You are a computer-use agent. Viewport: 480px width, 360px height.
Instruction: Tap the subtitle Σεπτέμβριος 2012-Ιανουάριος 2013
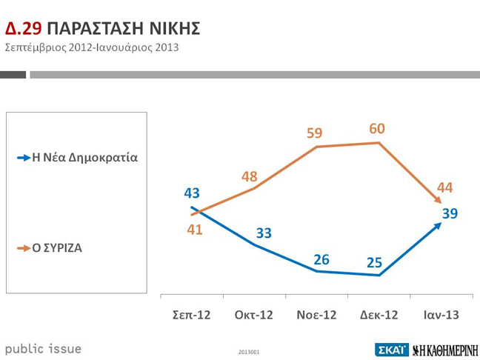[92, 48]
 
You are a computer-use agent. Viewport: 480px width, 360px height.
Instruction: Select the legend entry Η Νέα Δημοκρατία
[84, 157]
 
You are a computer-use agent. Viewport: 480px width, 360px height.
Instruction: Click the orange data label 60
[377, 129]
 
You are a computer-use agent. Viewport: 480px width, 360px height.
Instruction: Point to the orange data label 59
[315, 133]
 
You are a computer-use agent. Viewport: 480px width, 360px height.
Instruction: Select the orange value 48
[250, 176]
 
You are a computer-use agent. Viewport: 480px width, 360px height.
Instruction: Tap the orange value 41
[194, 230]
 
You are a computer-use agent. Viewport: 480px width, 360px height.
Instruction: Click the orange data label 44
[444, 188]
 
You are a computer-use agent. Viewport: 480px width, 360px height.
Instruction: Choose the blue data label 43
[192, 193]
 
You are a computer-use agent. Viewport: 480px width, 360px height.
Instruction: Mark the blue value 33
[264, 233]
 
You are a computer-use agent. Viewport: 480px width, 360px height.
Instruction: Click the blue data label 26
[321, 259]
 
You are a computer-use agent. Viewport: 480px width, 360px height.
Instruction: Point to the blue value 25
[373, 262]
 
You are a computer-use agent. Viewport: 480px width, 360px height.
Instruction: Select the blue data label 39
[450, 213]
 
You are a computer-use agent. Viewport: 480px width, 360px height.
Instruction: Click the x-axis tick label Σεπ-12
[192, 315]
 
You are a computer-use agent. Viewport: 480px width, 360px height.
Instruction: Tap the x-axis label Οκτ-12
[253, 315]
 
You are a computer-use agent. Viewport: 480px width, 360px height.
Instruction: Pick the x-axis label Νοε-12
[316, 315]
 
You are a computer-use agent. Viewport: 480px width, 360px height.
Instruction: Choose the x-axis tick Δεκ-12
[379, 315]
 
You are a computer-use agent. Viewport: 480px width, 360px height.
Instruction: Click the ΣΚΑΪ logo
[391, 350]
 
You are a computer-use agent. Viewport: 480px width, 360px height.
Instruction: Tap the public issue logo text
[43, 349]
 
